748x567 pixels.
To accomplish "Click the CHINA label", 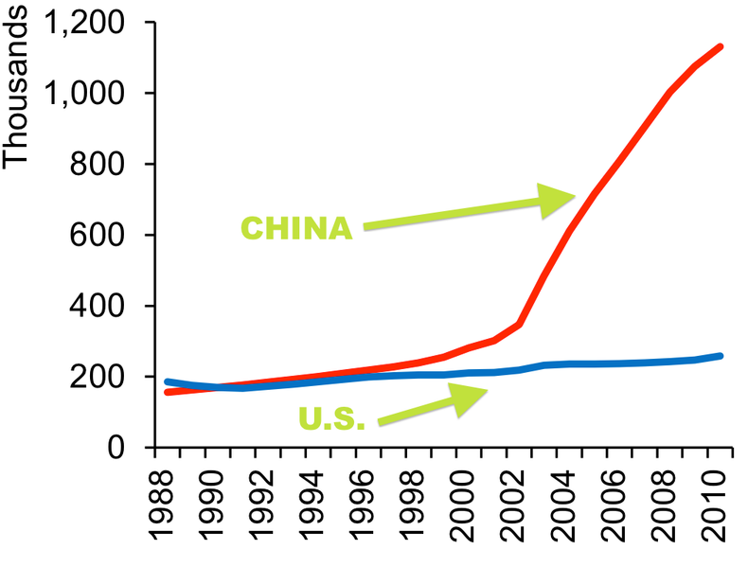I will click(296, 228).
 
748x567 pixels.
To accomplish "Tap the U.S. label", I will click(331, 418).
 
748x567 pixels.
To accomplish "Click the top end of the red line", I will click(721, 46).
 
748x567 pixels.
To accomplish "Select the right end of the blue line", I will click(721, 356).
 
